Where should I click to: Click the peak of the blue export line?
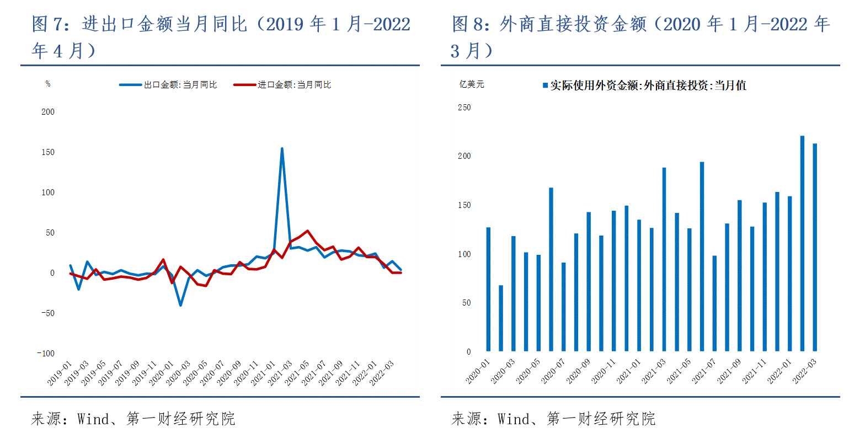tap(282, 148)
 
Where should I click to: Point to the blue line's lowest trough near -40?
tap(180, 305)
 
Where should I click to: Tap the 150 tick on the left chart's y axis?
tap(48, 152)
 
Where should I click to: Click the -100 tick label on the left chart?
tap(46, 354)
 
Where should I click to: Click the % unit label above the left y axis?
tap(48, 84)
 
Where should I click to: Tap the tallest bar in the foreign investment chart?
tap(802, 243)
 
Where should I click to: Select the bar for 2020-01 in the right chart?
tap(488, 289)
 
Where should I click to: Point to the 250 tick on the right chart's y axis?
tap(464, 108)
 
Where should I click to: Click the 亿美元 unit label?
tap(472, 84)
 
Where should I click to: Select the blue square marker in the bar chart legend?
tap(546, 86)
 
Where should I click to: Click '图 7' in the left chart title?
tap(48, 24)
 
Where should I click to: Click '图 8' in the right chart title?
tap(468, 24)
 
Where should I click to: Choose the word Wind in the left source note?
tap(93, 419)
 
